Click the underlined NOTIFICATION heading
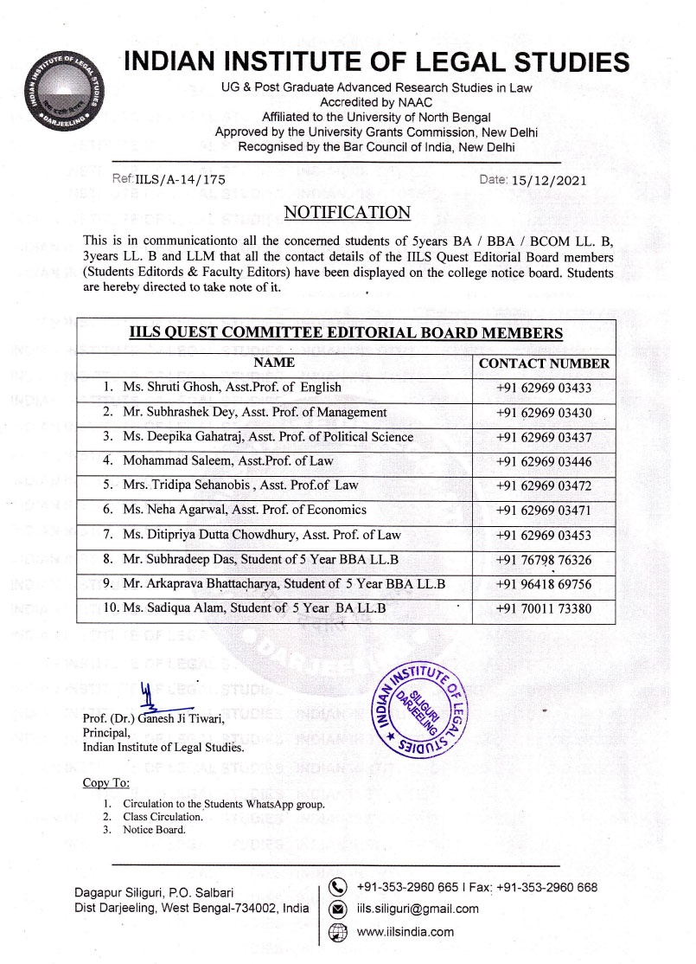click(347, 212)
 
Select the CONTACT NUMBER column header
click(544, 363)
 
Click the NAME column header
click(274, 363)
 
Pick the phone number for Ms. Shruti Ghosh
click(544, 388)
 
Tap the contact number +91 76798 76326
click(544, 560)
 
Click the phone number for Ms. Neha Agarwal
click(544, 511)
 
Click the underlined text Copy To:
click(106, 783)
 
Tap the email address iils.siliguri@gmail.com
click(418, 909)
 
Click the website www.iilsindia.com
click(405, 932)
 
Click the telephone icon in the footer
click(339, 887)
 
